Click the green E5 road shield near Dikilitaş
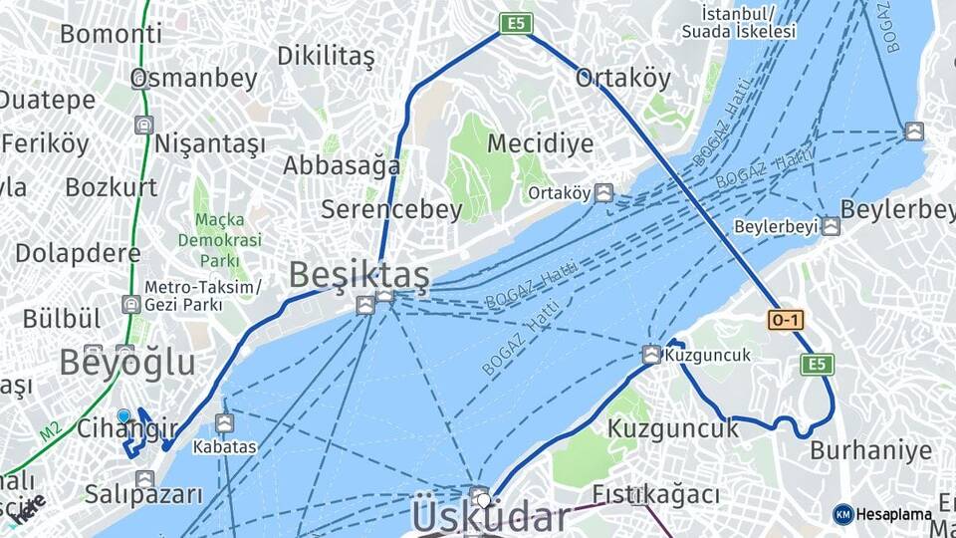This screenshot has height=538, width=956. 516,23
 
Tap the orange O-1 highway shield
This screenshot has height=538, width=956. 785,320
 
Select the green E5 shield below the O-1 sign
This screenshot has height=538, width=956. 817,364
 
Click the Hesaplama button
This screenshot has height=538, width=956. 882,514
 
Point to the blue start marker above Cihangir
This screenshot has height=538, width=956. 123,416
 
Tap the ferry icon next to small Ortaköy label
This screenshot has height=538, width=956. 603,192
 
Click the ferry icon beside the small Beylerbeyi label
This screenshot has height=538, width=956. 831,226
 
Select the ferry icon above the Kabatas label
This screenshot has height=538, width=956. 224,423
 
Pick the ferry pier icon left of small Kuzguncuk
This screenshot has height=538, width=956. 651,355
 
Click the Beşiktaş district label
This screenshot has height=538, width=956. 358,275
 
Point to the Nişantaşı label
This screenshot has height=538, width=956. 209,143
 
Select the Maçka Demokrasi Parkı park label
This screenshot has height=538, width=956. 219,240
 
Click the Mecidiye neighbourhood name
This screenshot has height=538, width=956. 540,143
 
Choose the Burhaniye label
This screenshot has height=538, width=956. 870,450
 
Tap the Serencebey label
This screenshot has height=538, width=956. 391,209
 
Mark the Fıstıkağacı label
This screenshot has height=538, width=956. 655,494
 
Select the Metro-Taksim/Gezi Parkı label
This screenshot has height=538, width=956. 202,295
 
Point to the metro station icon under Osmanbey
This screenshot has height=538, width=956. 145,126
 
